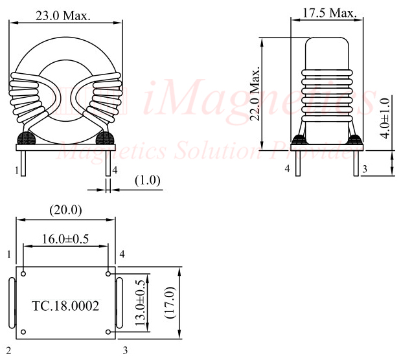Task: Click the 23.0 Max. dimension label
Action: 63,16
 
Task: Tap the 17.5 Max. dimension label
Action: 330,13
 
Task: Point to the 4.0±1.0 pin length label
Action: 385,118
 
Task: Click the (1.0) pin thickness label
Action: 148,181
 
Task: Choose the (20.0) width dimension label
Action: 65,210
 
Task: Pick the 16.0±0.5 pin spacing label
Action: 65,239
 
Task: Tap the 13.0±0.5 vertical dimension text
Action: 140,303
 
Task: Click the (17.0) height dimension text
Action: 170,303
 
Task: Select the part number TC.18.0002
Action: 65,306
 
